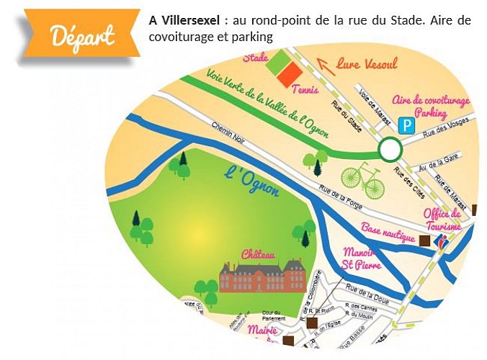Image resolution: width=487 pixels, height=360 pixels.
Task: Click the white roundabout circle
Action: [390, 150]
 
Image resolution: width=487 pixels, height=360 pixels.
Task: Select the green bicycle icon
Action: [363, 181]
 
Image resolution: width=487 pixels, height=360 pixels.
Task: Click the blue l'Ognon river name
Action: [251, 182]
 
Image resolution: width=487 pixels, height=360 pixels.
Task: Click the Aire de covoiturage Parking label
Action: [431, 107]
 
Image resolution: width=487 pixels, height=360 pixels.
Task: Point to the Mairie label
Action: [262, 330]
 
